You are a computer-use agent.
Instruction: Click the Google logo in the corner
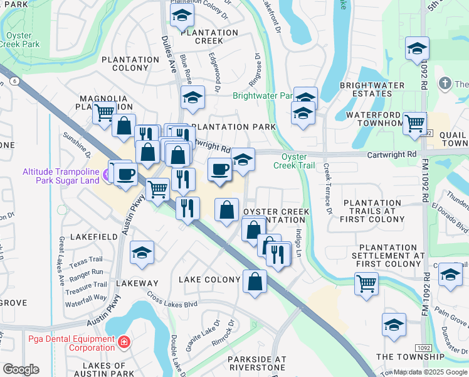tap(21, 369)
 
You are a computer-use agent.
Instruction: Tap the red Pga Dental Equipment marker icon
tap(125, 342)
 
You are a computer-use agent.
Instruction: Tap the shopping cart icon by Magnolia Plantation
tap(103, 113)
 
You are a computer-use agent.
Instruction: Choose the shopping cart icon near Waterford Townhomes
tap(414, 123)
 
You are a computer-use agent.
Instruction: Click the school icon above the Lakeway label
tap(142, 253)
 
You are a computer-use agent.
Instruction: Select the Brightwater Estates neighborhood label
tap(366, 89)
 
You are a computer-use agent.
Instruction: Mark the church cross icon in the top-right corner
tap(445, 84)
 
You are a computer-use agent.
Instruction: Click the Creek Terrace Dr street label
tap(327, 188)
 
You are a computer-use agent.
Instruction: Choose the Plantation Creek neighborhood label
tap(200, 36)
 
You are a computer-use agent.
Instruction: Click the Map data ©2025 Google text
tap(430, 372)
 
